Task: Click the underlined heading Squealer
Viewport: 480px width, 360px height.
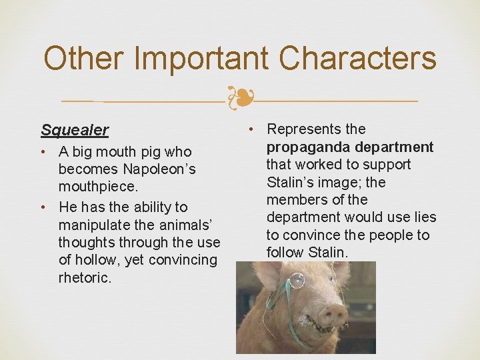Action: (x=75, y=129)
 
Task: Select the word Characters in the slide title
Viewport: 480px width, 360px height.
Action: (x=358, y=58)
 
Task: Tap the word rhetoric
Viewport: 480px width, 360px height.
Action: (x=85, y=278)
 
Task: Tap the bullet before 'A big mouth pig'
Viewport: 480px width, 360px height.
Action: (x=45, y=152)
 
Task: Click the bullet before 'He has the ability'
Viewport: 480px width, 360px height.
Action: (x=45, y=207)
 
